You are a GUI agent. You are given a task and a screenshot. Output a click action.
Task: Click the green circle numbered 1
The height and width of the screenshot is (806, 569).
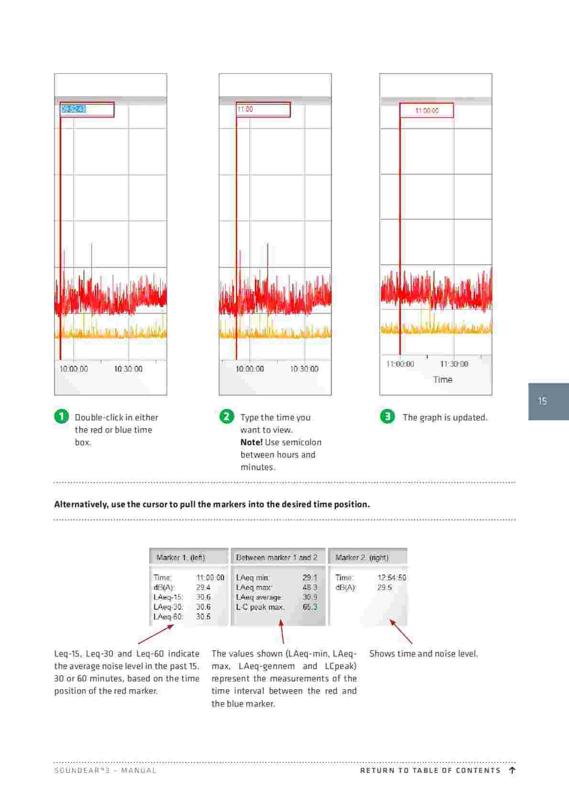pyautogui.click(x=61, y=416)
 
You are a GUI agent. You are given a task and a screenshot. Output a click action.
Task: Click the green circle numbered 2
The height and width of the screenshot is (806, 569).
pyautogui.click(x=227, y=416)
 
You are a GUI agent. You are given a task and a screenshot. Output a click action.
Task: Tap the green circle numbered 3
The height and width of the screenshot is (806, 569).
pyautogui.click(x=387, y=416)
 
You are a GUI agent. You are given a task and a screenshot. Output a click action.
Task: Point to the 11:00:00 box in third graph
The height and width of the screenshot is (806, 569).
pyautogui.click(x=427, y=111)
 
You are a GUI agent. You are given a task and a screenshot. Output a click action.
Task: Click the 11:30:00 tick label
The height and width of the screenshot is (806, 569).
pyautogui.click(x=454, y=364)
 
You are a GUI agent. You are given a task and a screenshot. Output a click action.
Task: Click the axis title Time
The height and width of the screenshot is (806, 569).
pyautogui.click(x=442, y=380)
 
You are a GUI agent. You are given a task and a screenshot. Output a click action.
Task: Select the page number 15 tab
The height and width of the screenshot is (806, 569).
pyautogui.click(x=548, y=401)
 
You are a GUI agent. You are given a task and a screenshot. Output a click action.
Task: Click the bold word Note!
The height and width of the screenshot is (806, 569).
pyautogui.click(x=252, y=442)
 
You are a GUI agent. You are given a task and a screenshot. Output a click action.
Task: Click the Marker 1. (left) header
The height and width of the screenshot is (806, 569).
pyautogui.click(x=181, y=558)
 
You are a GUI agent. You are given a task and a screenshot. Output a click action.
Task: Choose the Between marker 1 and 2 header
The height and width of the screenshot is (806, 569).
pyautogui.click(x=276, y=558)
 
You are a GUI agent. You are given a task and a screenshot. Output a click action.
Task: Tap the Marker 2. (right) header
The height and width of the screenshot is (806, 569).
pyautogui.click(x=361, y=558)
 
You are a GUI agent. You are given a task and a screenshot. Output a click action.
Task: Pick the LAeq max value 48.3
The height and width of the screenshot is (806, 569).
pyautogui.click(x=309, y=587)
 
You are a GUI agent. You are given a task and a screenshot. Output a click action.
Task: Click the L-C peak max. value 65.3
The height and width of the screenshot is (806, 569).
pyautogui.click(x=309, y=607)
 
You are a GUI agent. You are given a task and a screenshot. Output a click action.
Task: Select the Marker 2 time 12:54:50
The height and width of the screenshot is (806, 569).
pyautogui.click(x=391, y=578)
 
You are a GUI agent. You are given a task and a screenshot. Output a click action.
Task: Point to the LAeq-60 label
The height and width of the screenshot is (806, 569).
pyautogui.click(x=168, y=616)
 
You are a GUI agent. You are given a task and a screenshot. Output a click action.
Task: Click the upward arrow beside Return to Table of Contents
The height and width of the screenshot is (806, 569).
pyautogui.click(x=512, y=770)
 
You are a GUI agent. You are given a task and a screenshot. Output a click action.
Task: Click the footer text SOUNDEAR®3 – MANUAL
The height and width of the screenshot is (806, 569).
pyautogui.click(x=105, y=771)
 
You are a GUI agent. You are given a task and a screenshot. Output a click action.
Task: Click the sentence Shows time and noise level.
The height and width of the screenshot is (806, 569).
pyautogui.click(x=423, y=653)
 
